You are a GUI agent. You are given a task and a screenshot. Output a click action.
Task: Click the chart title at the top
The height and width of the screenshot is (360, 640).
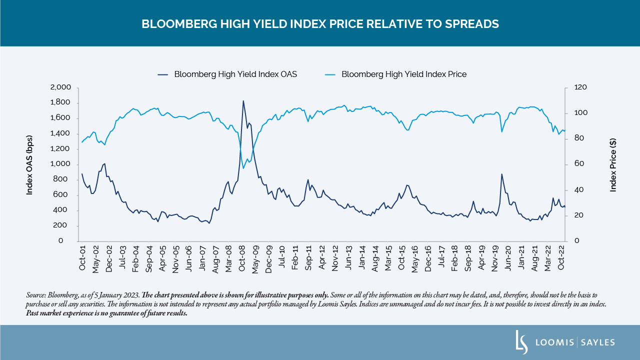point(320,23)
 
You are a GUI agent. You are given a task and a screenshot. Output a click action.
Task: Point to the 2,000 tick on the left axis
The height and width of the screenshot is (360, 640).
point(60,87)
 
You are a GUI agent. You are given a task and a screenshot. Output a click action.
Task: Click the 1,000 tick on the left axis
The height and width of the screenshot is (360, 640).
point(60,164)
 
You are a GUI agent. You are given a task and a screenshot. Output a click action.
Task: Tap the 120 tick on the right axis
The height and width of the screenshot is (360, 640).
point(575,87)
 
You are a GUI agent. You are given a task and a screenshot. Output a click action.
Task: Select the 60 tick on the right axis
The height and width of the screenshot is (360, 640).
point(573,164)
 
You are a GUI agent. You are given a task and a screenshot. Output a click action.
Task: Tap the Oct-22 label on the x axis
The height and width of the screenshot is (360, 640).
point(561,258)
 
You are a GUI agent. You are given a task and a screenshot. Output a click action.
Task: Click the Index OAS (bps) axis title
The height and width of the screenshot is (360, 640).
point(29,164)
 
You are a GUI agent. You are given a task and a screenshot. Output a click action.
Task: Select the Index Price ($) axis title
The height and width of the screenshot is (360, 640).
point(613,164)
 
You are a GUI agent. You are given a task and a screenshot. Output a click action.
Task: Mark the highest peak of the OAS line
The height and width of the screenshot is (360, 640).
point(243,101)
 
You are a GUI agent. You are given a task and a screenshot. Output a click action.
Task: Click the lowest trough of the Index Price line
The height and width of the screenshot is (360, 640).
point(243,168)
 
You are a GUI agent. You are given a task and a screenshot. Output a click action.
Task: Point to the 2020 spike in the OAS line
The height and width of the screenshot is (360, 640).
point(501,174)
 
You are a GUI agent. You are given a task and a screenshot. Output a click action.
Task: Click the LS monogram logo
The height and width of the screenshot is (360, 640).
point(521,342)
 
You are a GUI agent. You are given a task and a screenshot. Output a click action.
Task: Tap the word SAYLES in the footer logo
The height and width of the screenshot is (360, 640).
point(598,342)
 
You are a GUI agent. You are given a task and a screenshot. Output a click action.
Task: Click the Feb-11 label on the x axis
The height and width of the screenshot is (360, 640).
point(295,258)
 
